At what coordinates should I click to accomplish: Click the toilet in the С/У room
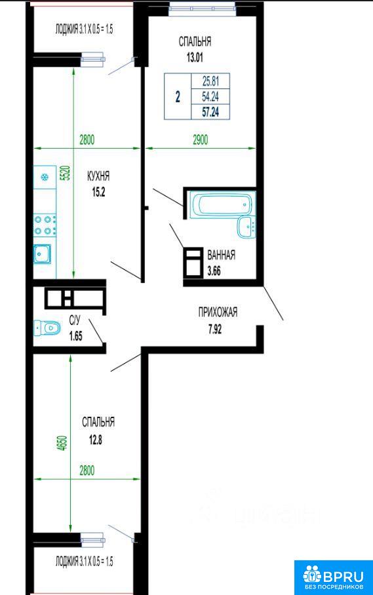click(x=47, y=328)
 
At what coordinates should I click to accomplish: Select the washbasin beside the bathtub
click(x=246, y=227)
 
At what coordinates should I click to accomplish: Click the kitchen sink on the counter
click(x=43, y=254)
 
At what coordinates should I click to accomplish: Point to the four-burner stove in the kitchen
click(x=45, y=225)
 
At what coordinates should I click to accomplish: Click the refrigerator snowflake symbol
click(x=45, y=176)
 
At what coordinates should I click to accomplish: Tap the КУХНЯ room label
click(x=98, y=176)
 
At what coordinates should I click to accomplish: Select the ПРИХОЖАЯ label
click(x=218, y=313)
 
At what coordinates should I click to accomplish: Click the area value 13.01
click(x=195, y=58)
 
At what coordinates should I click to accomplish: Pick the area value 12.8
click(x=95, y=440)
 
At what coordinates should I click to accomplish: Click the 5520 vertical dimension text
click(x=66, y=172)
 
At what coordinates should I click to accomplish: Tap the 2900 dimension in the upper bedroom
click(x=201, y=140)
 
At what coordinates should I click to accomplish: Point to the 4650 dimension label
click(x=63, y=443)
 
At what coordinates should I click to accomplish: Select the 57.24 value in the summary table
click(x=210, y=112)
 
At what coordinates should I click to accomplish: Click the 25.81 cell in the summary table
click(x=210, y=81)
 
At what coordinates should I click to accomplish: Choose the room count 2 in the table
click(x=178, y=97)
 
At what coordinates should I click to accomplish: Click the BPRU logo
click(x=334, y=577)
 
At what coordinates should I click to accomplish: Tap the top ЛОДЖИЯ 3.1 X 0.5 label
click(x=84, y=29)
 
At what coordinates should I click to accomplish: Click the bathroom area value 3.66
click(x=214, y=271)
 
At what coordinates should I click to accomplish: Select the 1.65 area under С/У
click(x=76, y=336)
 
